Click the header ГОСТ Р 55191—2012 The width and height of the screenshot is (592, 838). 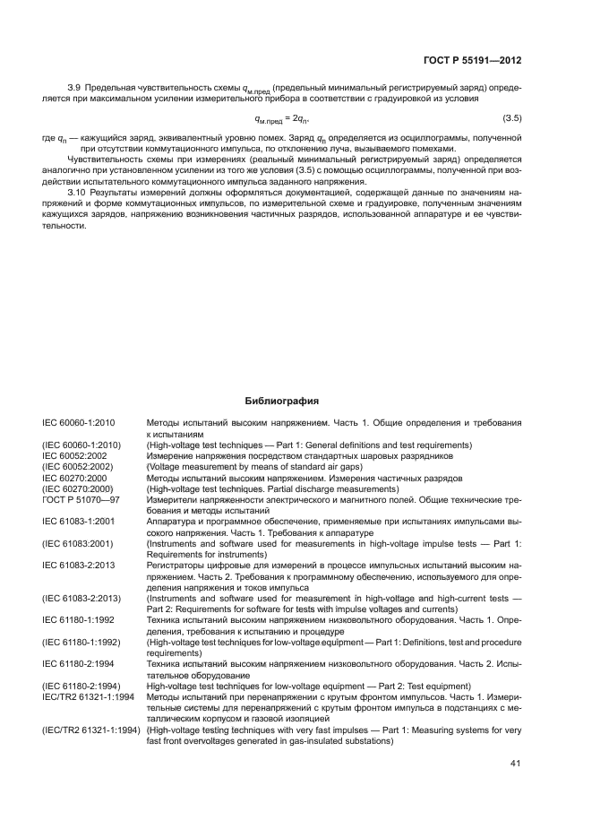tap(474, 61)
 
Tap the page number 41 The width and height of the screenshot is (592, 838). tap(515, 763)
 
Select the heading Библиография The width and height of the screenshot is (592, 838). tap(281, 402)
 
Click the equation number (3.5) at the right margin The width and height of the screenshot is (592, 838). tap(512, 118)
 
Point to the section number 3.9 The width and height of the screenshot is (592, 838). tap(75, 89)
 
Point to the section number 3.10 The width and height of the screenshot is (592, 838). tap(78, 193)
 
